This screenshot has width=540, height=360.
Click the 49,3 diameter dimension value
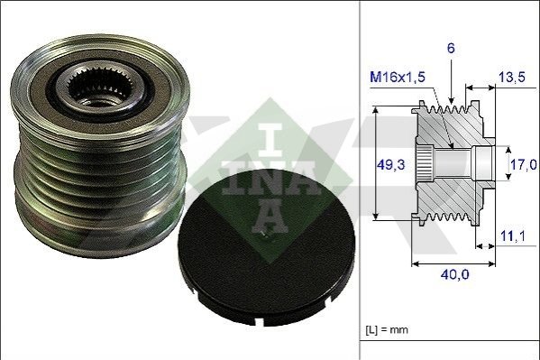[x=390, y=165]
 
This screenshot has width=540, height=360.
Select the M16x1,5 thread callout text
[x=398, y=77]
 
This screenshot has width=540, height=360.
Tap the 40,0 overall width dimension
[x=454, y=274]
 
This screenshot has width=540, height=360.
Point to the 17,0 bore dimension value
[x=523, y=164]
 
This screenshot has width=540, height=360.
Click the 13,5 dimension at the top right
[x=512, y=77]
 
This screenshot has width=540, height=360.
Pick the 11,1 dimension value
[x=512, y=235]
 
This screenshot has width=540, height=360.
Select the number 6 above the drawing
[x=451, y=49]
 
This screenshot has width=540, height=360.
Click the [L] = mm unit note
[x=387, y=329]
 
